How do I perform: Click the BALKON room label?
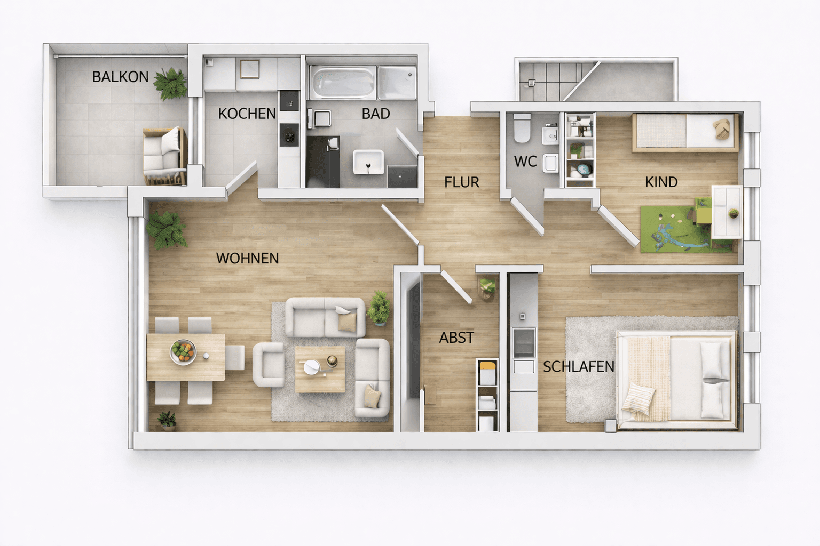click(x=120, y=77)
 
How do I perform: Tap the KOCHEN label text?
click(x=247, y=114)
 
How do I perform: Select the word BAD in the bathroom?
click(x=376, y=114)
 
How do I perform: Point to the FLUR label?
click(x=462, y=182)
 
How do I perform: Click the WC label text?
click(x=525, y=162)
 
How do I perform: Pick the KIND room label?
click(x=661, y=182)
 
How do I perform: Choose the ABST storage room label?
click(x=456, y=338)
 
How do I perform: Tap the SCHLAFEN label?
click(x=579, y=367)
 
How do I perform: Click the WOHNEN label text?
click(x=247, y=259)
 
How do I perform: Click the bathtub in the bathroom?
click(x=343, y=82)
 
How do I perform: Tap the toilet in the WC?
click(x=522, y=129)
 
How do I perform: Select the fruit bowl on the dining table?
click(x=183, y=352)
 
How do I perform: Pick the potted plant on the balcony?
click(x=171, y=83)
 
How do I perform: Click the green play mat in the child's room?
click(x=673, y=229)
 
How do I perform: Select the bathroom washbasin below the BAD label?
click(x=368, y=162)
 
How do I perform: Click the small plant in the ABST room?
click(x=486, y=287)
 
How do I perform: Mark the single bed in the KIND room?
click(x=685, y=132)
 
